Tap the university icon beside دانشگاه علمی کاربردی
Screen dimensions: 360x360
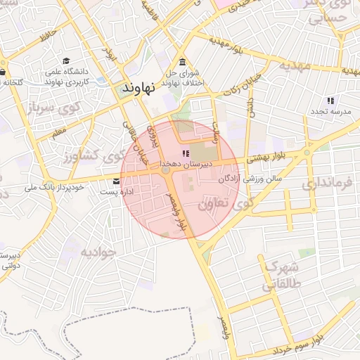(x=66, y=61)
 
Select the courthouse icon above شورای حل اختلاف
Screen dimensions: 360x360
(x=183, y=60)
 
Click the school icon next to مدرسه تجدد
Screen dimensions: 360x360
(x=330, y=101)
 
